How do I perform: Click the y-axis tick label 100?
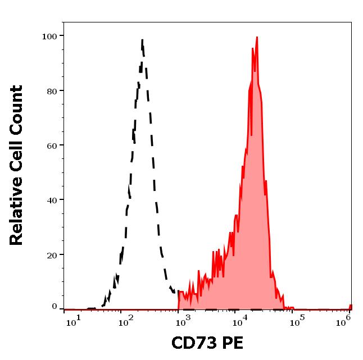(x=49, y=36)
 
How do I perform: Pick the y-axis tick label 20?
(x=52, y=254)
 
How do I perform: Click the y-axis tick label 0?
(x=55, y=307)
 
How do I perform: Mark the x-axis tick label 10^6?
(x=346, y=320)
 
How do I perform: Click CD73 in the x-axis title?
(x=193, y=343)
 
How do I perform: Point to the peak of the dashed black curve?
(x=143, y=40)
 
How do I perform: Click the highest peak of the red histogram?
(x=257, y=38)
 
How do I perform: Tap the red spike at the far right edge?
(x=351, y=306)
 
